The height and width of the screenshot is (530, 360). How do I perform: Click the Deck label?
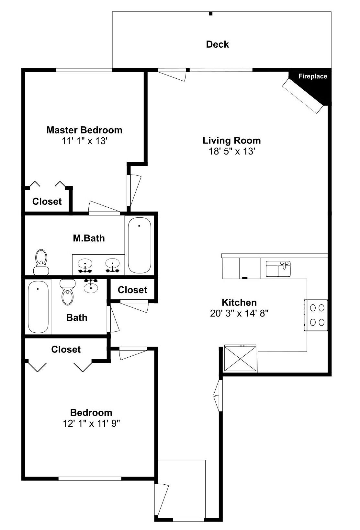217,44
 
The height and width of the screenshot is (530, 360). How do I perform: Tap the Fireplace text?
312,76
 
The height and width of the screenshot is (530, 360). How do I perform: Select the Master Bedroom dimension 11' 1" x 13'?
84,141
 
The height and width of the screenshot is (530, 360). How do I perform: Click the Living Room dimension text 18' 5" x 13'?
231,151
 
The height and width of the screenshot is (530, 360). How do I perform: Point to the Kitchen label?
239,303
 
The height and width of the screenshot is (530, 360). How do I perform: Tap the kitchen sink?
278,269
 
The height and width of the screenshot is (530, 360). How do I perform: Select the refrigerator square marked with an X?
240,358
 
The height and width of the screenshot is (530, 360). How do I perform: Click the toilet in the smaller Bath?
68,293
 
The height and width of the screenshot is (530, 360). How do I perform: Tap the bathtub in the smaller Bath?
38,307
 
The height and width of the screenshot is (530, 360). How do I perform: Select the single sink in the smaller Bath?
91,286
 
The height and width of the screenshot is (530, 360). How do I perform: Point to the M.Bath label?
89,238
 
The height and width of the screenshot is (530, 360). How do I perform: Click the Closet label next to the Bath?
132,290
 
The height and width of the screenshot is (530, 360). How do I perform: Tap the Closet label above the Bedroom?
66,349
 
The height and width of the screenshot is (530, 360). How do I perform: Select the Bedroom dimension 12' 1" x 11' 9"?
91,423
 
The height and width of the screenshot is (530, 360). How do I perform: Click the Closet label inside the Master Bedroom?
47,202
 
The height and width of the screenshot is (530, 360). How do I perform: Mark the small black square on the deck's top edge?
210,14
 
